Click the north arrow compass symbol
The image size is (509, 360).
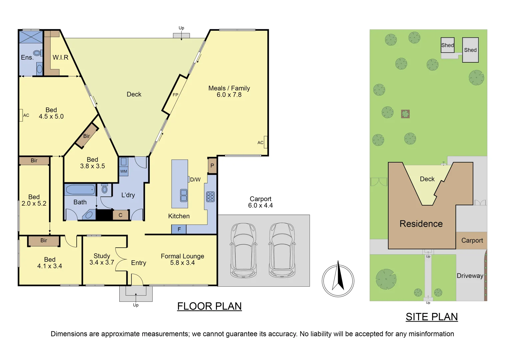click(x=338, y=281)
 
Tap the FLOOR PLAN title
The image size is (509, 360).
click(x=209, y=306)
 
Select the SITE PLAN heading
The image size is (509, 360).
click(x=432, y=317)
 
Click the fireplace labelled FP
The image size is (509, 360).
click(x=175, y=95)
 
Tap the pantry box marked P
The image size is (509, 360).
click(x=212, y=166)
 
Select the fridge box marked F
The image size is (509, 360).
click(x=179, y=229)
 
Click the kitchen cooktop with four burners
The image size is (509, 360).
click(x=210, y=197)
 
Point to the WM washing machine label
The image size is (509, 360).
click(x=124, y=171)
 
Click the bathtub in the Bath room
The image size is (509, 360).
click(x=80, y=190)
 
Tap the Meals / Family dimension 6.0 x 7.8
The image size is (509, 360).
click(x=229, y=95)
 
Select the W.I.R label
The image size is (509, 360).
click(x=60, y=58)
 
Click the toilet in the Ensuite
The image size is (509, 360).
click(x=37, y=53)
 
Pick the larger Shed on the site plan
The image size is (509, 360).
click(x=470, y=50)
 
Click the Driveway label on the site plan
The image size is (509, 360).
click(x=470, y=276)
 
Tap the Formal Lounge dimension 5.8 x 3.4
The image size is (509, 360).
click(x=182, y=263)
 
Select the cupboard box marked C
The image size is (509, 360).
click(x=121, y=215)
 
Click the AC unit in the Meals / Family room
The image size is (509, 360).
click(x=265, y=142)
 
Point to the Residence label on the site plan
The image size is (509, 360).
click(x=421, y=224)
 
